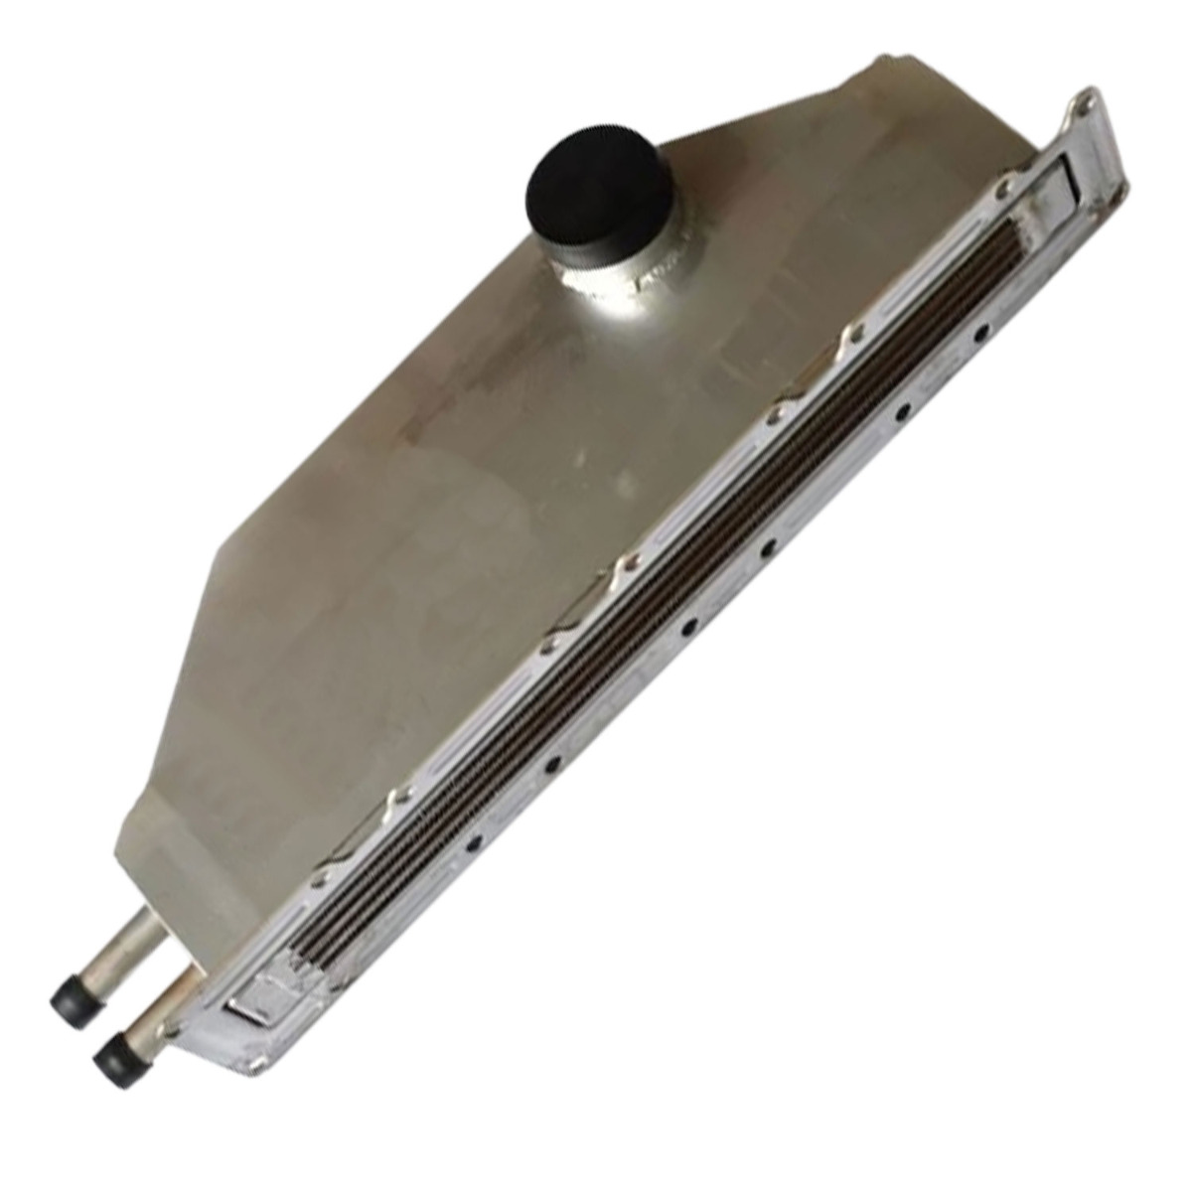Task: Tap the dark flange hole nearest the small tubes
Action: tap(473, 843)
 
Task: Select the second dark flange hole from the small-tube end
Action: tap(554, 763)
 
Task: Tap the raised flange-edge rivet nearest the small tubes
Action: tap(320, 880)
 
